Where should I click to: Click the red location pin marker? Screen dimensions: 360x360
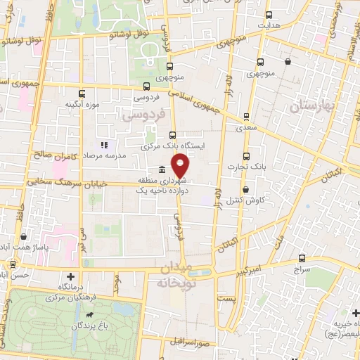(181, 166)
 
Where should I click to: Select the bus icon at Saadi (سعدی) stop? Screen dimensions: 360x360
(245, 117)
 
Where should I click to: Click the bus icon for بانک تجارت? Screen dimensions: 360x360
(245, 156)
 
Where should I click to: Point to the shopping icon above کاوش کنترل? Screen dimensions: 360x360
(245, 189)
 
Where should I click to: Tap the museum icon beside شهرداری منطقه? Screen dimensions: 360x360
(162, 169)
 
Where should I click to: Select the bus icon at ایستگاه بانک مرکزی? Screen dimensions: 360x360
(173, 136)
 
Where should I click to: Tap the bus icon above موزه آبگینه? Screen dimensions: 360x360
(83, 94)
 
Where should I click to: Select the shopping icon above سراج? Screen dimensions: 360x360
(303, 258)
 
